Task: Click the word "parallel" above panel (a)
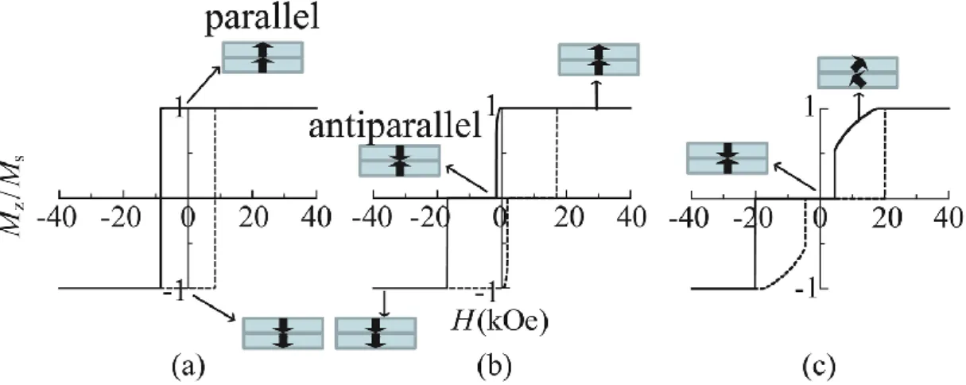(x=262, y=20)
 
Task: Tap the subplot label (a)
(x=188, y=366)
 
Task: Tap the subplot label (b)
(x=495, y=366)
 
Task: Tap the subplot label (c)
(x=819, y=366)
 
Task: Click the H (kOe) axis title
(x=500, y=322)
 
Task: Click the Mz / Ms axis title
(x=14, y=196)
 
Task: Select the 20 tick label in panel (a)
(x=253, y=217)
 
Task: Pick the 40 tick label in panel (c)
(x=952, y=217)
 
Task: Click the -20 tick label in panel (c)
(x=753, y=217)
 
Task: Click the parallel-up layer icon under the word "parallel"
(x=262, y=57)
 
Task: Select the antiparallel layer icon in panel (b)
(x=400, y=161)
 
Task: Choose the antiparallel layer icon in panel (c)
(x=727, y=158)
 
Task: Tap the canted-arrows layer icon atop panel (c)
(x=858, y=72)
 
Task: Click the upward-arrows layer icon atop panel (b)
(x=599, y=60)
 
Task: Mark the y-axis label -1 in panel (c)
(x=805, y=290)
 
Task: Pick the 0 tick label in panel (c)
(x=821, y=217)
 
